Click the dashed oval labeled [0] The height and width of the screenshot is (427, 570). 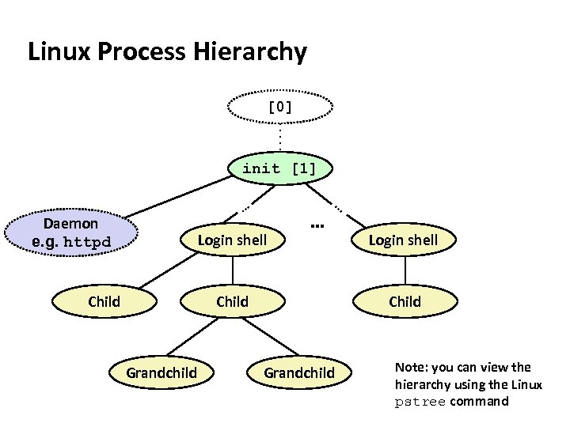(280, 107)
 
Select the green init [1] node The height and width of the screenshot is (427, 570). (279, 168)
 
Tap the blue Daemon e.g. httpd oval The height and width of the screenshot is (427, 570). (71, 232)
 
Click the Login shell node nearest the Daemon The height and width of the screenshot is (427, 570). (232, 240)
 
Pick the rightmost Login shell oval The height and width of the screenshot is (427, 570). (404, 240)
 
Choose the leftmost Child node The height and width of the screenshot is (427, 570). (104, 301)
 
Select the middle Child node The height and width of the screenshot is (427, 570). (232, 301)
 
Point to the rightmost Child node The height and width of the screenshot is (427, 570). (405, 301)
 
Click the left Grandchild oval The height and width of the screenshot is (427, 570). (161, 372)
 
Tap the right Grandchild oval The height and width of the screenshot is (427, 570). (298, 372)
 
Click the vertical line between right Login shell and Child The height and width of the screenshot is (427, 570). (405, 270)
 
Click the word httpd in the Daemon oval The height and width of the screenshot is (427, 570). (87, 242)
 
